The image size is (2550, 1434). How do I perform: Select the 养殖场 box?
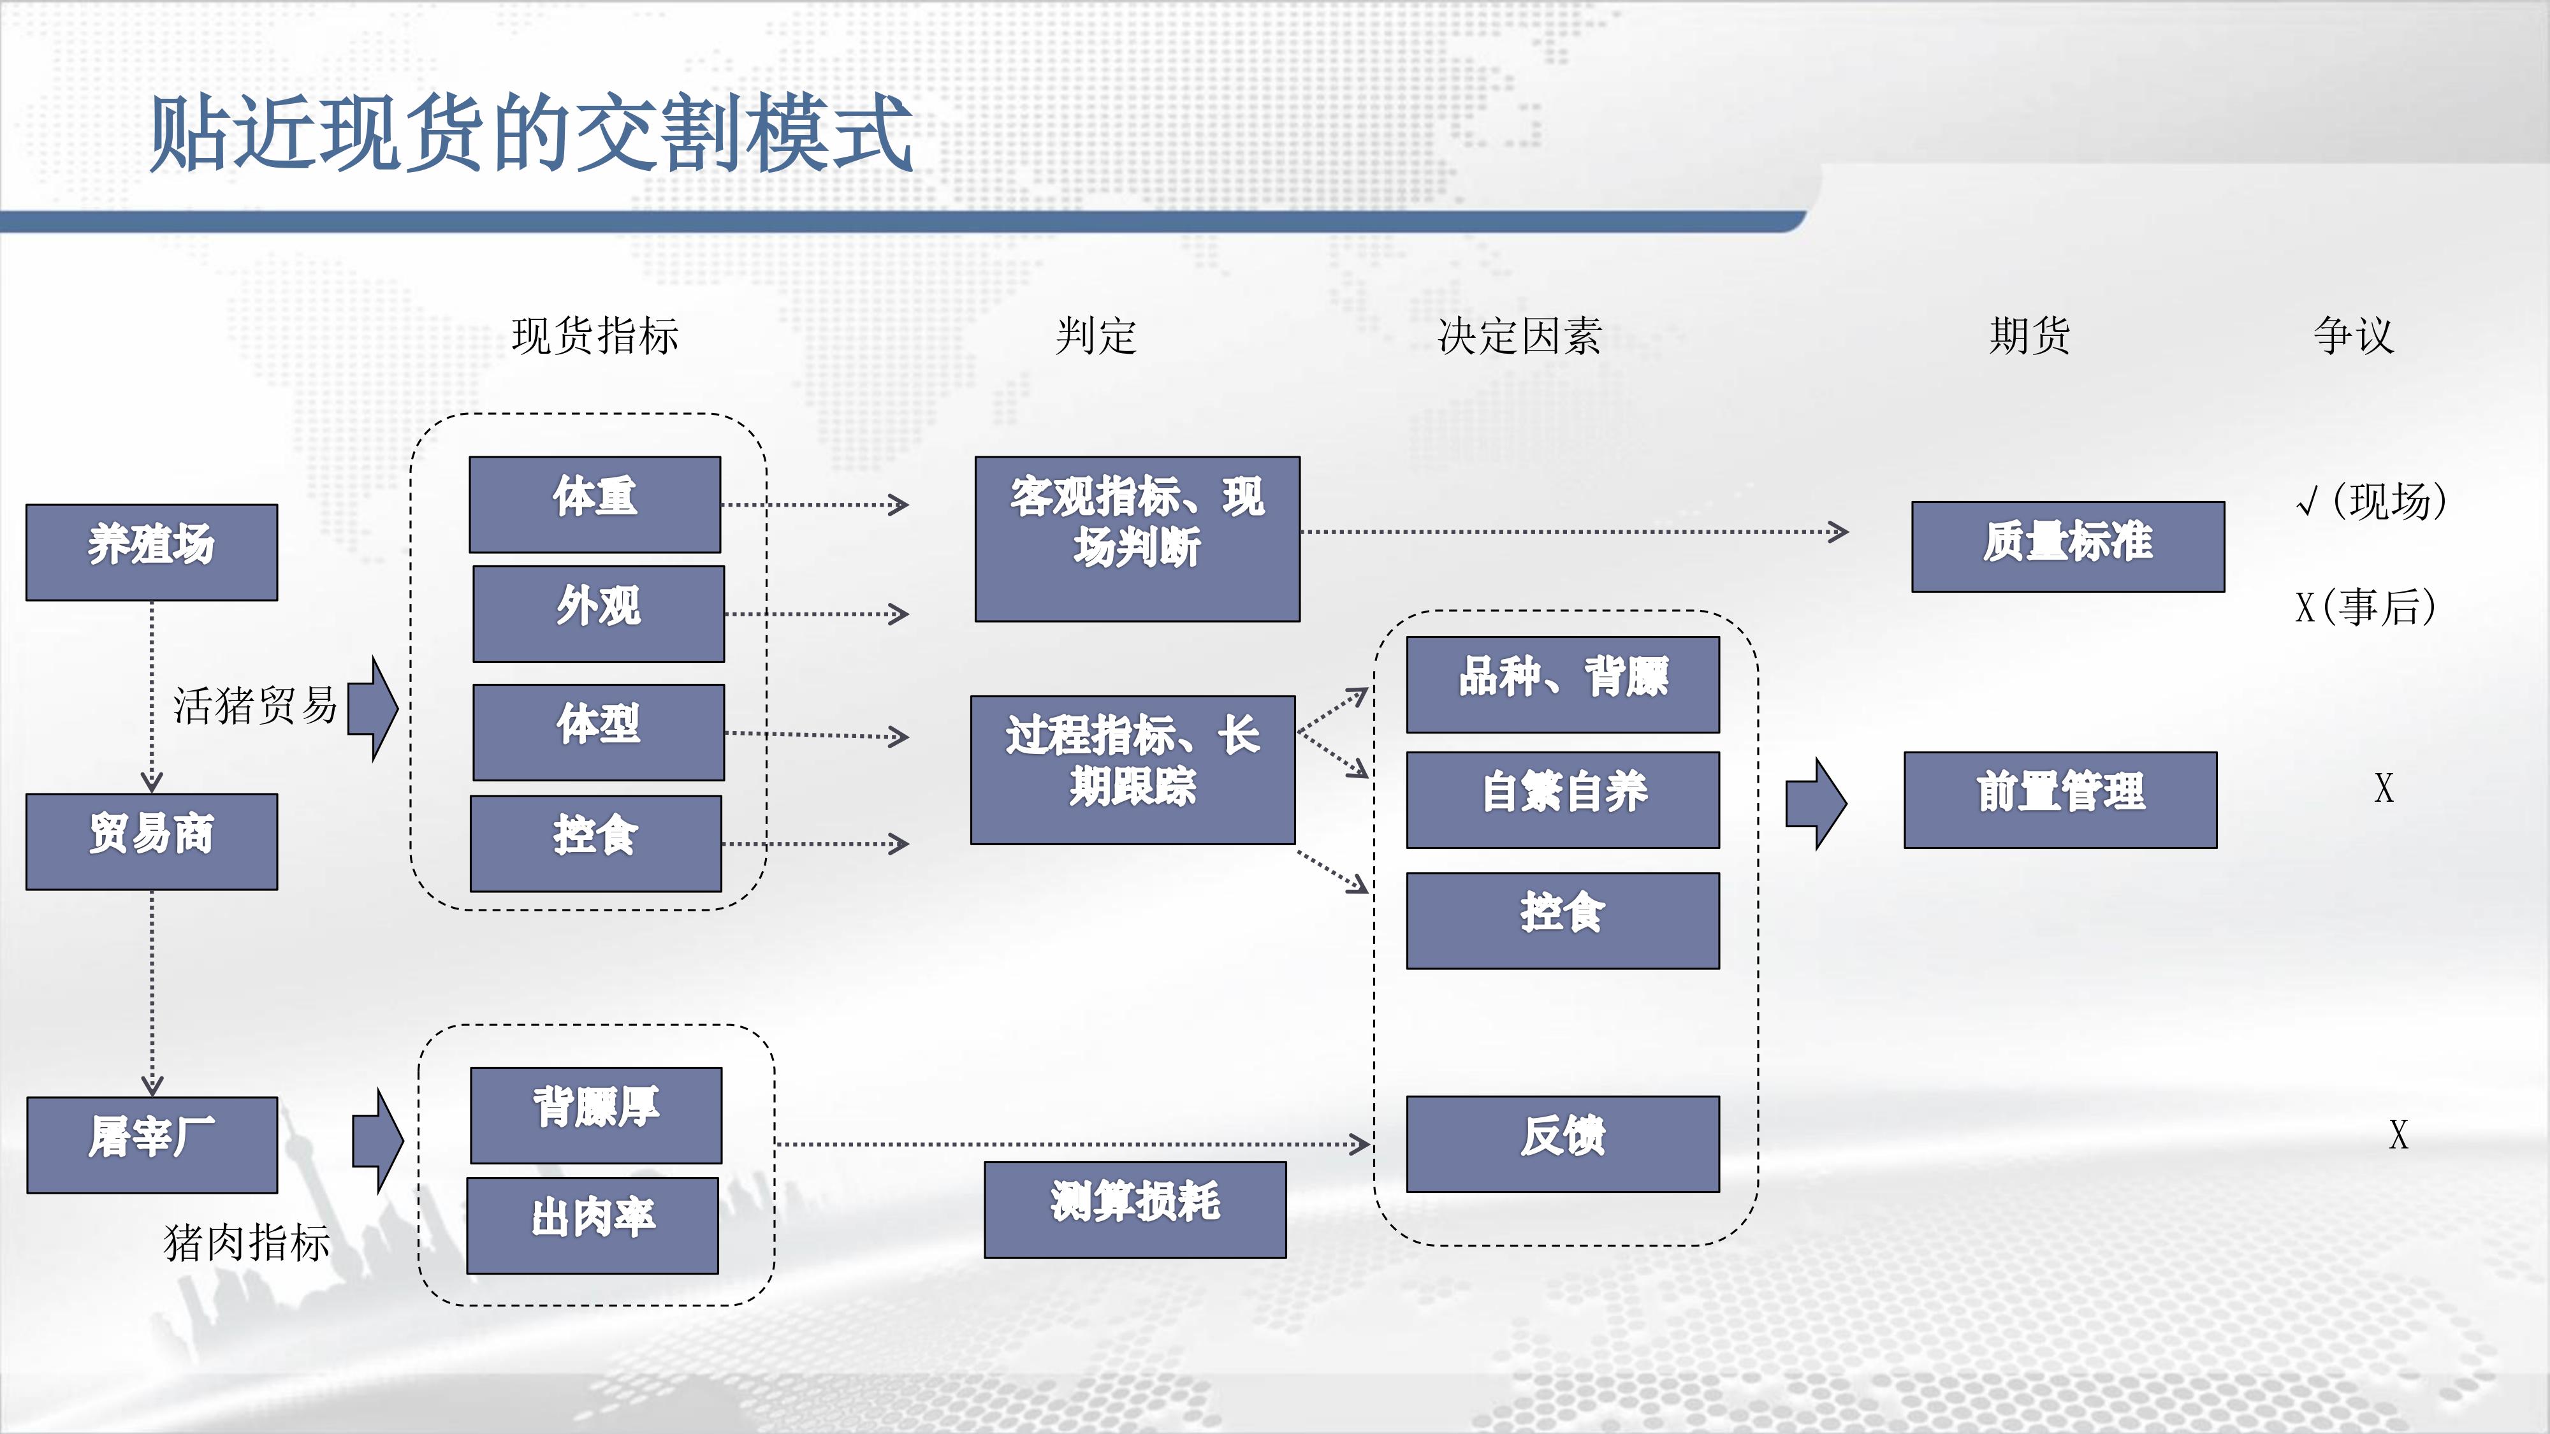[x=152, y=552]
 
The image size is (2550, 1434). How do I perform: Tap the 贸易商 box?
[x=152, y=841]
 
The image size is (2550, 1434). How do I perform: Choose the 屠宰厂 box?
[x=152, y=1145]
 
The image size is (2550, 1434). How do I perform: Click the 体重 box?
[x=595, y=505]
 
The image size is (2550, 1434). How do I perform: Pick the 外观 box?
[x=599, y=614]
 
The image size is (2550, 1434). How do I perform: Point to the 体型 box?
[x=599, y=732]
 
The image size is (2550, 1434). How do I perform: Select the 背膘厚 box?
[x=596, y=1115]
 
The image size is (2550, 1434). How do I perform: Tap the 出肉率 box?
[x=593, y=1225]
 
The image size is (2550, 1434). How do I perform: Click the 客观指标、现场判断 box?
[x=1137, y=539]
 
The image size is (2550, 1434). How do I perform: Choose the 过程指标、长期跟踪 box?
[x=1132, y=770]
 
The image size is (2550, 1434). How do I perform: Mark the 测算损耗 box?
[x=1135, y=1210]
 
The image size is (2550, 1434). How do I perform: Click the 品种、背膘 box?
[x=1563, y=685]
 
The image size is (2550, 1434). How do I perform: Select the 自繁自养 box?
[x=1563, y=800]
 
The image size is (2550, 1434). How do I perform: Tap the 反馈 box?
[x=1563, y=1144]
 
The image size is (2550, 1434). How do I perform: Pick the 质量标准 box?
[x=2068, y=546]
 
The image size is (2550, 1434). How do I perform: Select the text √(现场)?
[x=2371, y=501]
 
